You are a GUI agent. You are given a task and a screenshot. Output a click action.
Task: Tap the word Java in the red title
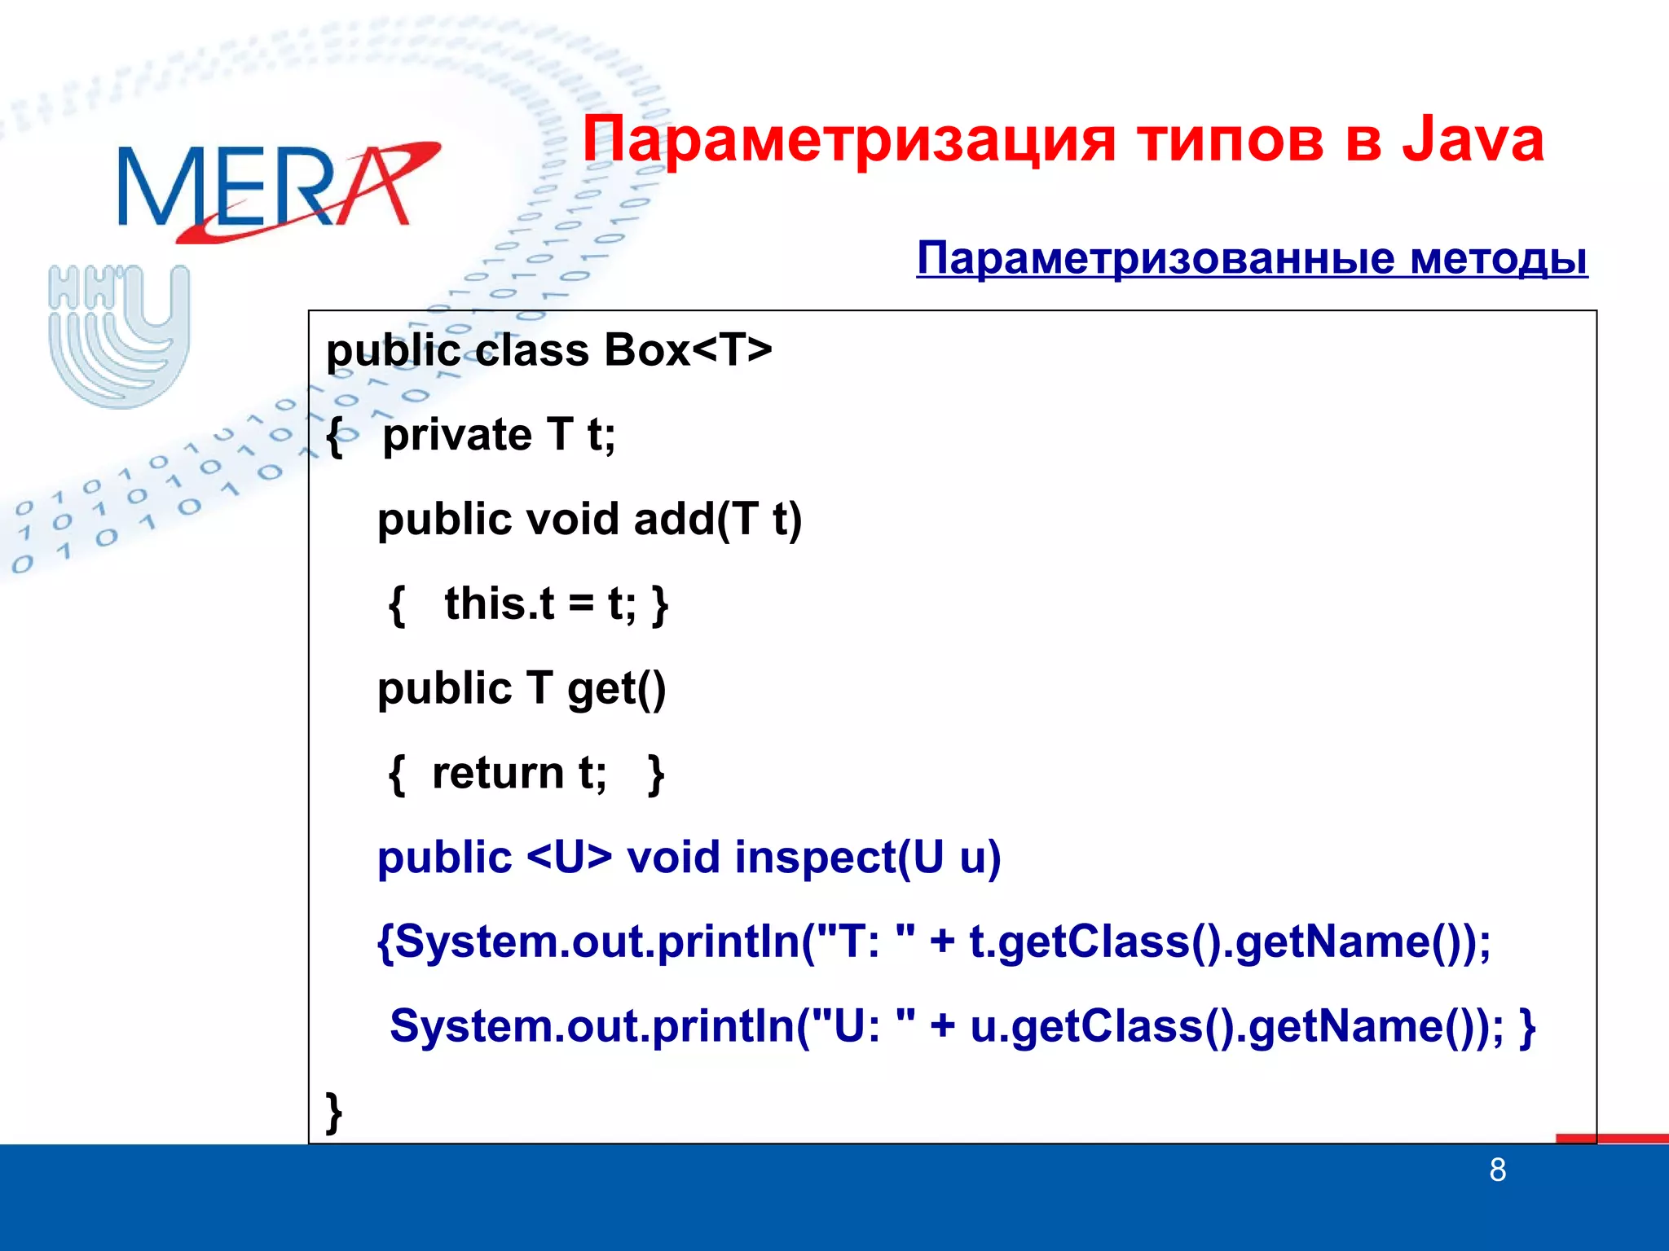1472,140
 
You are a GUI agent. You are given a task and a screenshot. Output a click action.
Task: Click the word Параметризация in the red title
848,140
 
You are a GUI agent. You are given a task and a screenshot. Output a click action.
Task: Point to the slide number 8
1497,1170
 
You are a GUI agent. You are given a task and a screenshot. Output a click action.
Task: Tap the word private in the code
457,435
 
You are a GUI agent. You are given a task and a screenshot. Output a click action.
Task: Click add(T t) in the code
718,520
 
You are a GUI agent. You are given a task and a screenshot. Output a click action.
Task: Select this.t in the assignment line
499,604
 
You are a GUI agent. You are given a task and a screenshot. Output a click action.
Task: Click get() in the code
616,689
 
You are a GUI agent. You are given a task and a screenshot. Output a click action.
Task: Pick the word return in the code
497,774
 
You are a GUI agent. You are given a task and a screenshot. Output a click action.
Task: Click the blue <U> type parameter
569,858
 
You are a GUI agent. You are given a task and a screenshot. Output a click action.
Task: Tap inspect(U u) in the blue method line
867,858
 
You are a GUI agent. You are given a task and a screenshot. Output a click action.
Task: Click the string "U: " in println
864,1026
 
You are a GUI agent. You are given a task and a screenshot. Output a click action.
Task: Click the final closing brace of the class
333,1111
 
